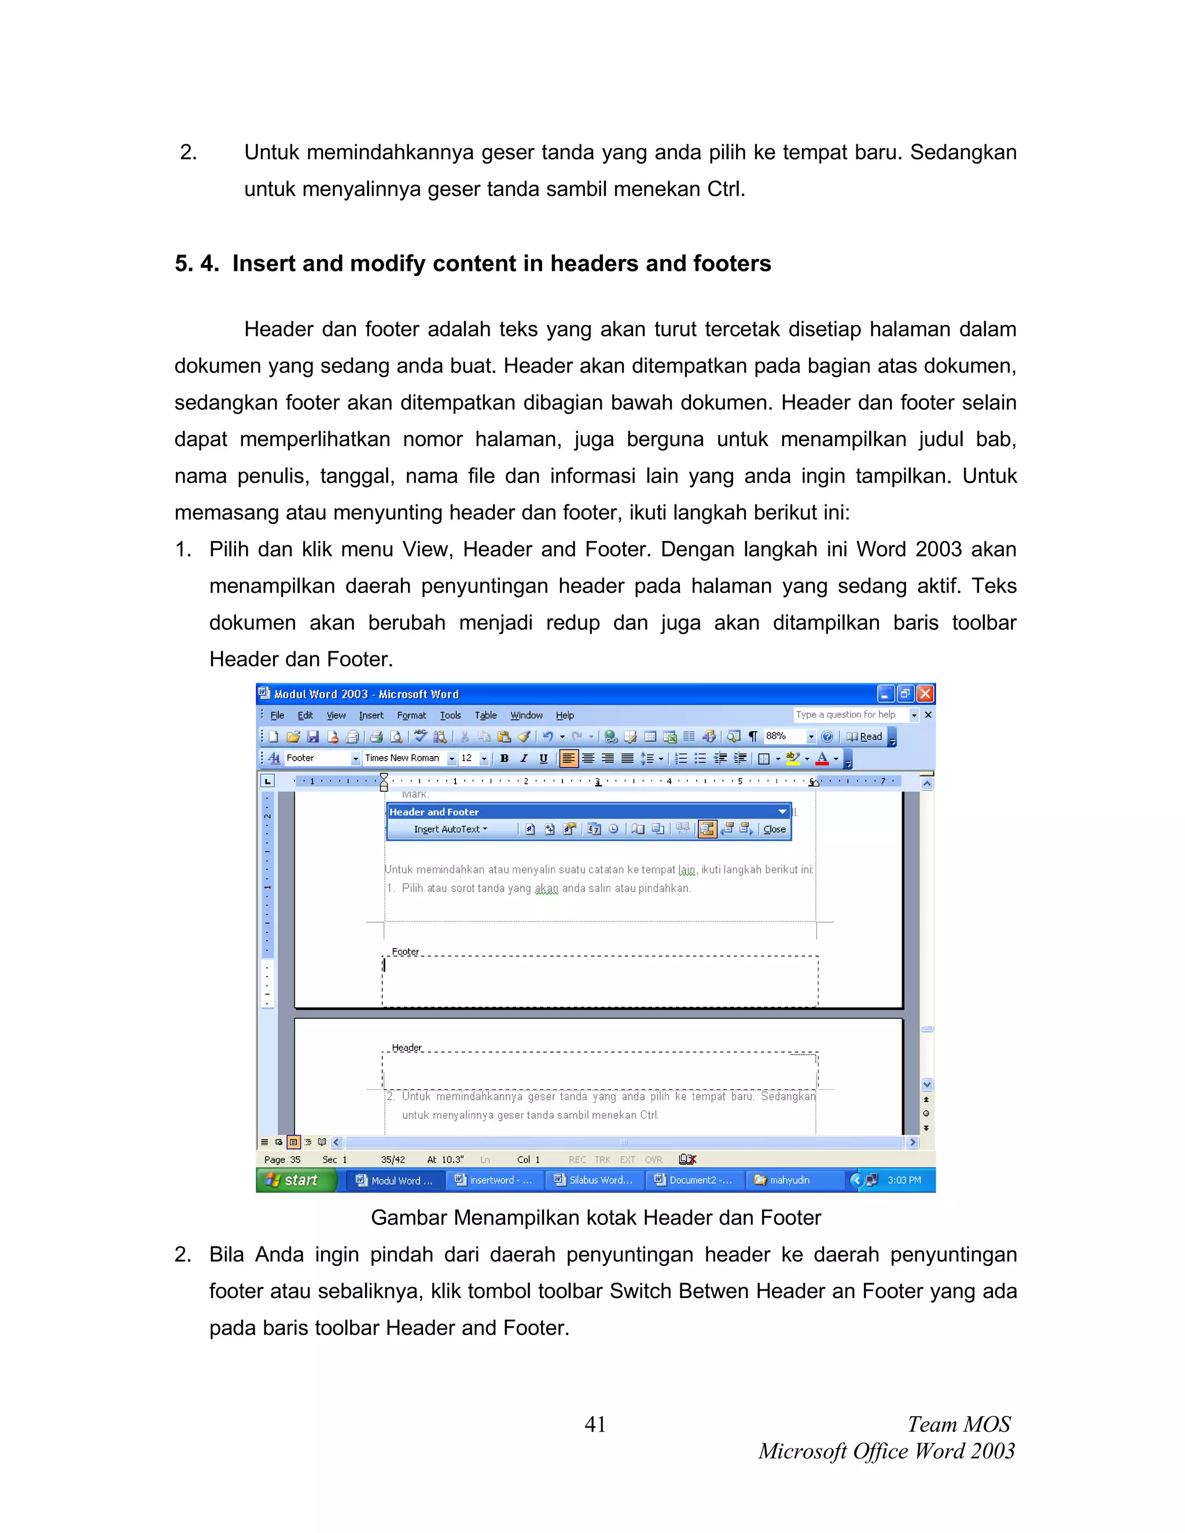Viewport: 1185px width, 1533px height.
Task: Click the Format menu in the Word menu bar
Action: (411, 715)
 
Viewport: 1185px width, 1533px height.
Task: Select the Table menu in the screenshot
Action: (485, 715)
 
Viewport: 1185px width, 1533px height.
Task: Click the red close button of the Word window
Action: (925, 694)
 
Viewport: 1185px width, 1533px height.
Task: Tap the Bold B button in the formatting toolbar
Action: (504, 758)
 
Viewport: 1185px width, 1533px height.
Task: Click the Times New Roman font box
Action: (403, 758)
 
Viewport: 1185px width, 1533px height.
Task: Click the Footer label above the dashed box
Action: (405, 952)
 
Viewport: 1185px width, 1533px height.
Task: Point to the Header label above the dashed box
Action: (406, 1047)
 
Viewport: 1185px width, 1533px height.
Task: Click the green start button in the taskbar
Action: (294, 1181)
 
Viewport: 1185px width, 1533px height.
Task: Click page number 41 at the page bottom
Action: (595, 1424)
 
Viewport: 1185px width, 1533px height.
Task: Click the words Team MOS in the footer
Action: (958, 1424)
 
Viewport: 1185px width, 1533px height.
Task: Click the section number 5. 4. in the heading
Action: (197, 263)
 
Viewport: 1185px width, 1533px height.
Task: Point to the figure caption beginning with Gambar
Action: (595, 1218)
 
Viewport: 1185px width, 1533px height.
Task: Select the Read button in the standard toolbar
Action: (866, 736)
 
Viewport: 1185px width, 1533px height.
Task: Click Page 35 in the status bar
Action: (282, 1159)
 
